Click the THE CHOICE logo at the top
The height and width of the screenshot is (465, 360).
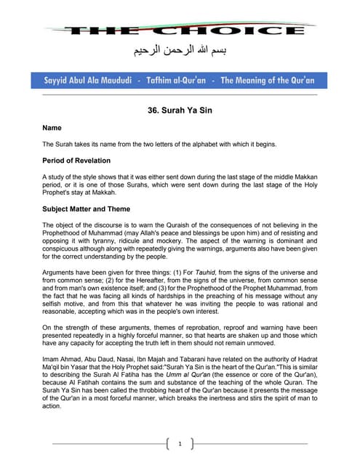[180, 31]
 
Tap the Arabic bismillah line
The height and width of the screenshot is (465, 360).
[180, 52]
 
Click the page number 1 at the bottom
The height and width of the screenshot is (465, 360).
[180, 444]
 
